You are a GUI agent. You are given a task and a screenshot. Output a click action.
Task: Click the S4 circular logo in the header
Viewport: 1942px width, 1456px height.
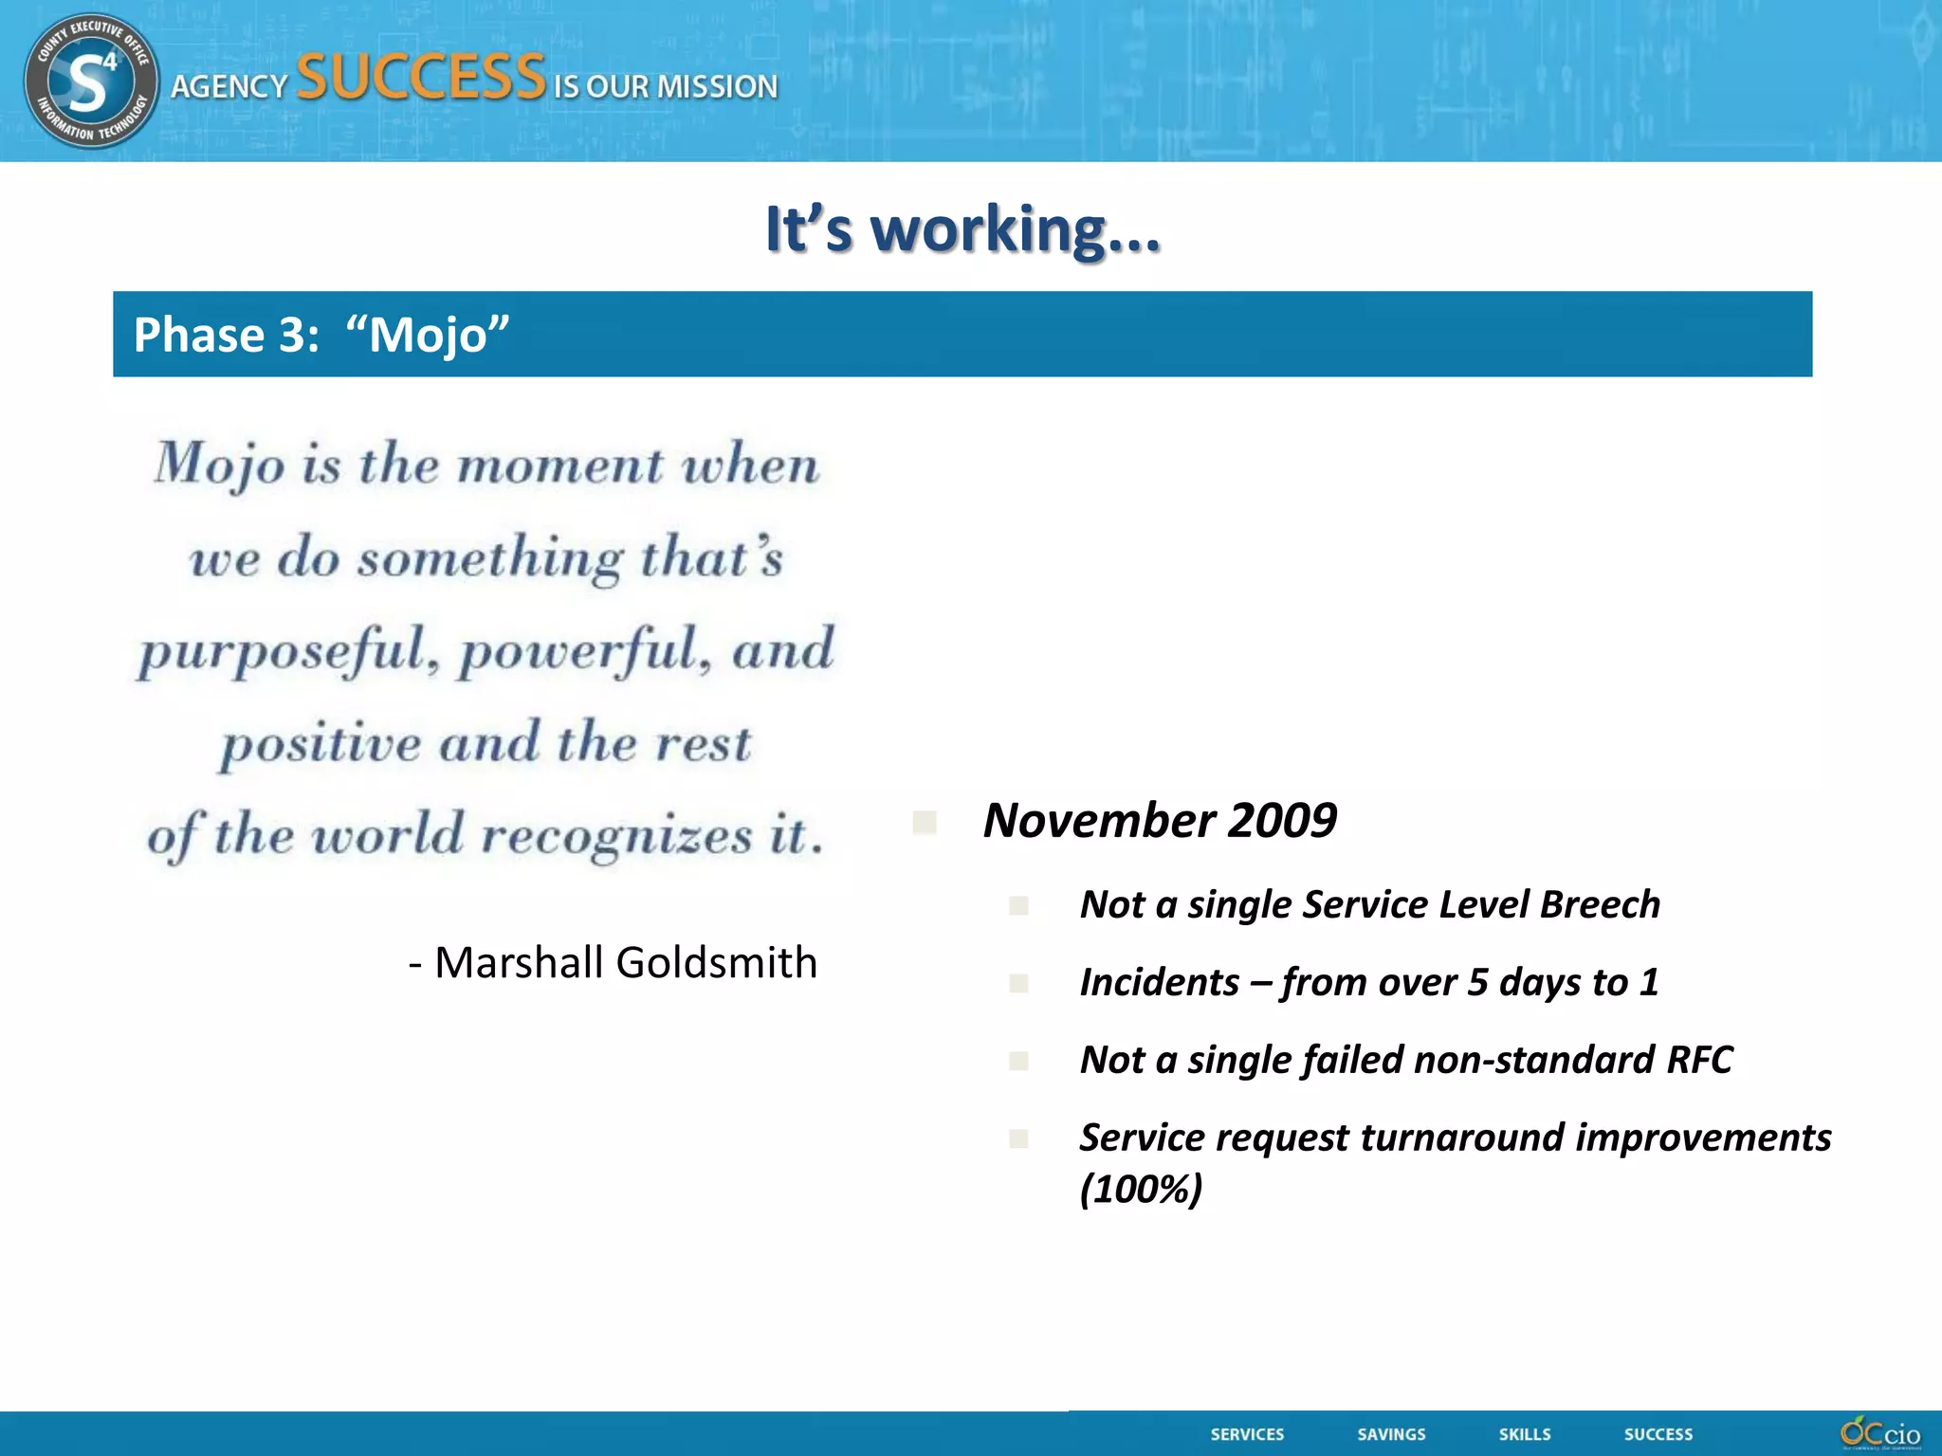pyautogui.click(x=91, y=82)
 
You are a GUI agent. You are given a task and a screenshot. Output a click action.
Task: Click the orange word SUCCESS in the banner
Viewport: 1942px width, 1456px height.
pyautogui.click(x=421, y=78)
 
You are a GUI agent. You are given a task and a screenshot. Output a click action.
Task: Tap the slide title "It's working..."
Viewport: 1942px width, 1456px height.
pyautogui.click(x=962, y=229)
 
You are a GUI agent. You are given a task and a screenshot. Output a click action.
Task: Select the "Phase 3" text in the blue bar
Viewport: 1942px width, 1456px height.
pyautogui.click(x=226, y=335)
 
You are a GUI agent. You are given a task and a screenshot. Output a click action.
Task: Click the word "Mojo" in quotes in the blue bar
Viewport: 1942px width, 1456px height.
pyautogui.click(x=428, y=335)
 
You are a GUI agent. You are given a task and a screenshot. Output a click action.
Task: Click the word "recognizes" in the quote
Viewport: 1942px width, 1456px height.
pyautogui.click(x=616, y=836)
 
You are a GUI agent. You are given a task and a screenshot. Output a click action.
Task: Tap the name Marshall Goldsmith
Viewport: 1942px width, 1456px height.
pyautogui.click(x=625, y=962)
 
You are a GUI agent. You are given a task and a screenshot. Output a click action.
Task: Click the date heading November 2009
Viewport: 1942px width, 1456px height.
pyautogui.click(x=1159, y=820)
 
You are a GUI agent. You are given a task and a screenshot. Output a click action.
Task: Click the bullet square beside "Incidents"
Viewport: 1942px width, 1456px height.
pyautogui.click(x=1019, y=983)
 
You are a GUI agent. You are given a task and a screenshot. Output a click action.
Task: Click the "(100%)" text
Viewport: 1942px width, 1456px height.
pyautogui.click(x=1141, y=1189)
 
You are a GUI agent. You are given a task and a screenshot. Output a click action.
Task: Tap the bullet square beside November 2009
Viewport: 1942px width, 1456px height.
pyautogui.click(x=925, y=822)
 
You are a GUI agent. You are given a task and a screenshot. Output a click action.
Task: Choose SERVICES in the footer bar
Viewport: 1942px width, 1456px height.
pyautogui.click(x=1247, y=1434)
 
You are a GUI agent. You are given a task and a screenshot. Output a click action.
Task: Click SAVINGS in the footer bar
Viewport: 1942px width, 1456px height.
pyautogui.click(x=1391, y=1434)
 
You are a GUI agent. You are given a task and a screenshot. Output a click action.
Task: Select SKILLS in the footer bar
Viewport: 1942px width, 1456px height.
pyautogui.click(x=1525, y=1434)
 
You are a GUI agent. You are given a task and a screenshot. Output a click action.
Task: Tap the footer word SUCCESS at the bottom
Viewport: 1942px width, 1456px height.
pyautogui.click(x=1658, y=1434)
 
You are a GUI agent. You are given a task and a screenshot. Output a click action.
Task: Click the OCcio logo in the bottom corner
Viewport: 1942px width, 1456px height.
pyautogui.click(x=1879, y=1432)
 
